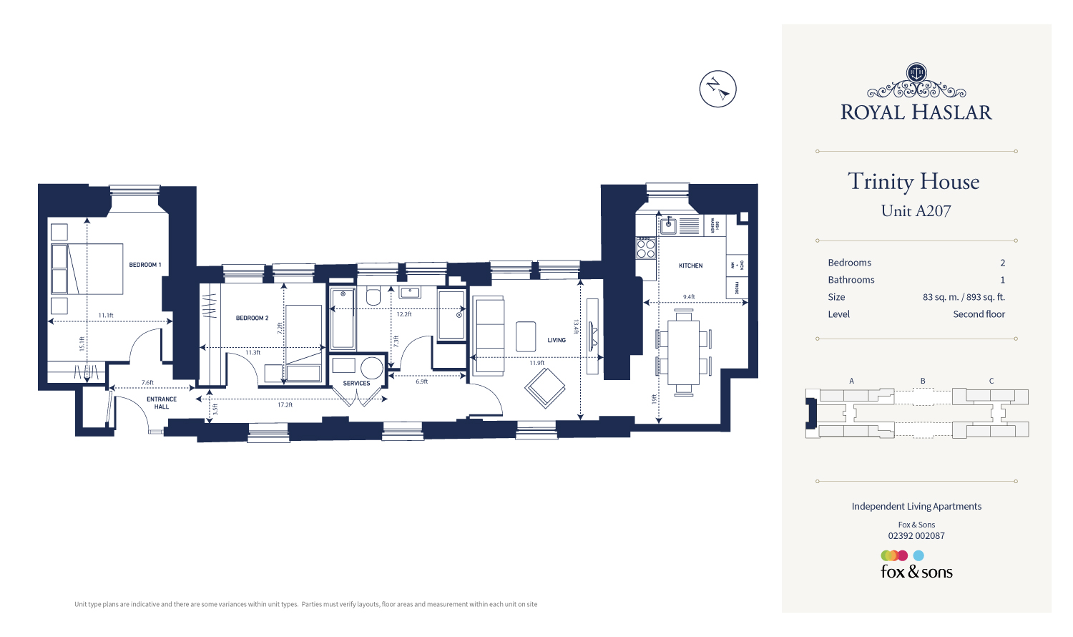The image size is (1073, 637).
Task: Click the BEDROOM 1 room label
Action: pyautogui.click(x=144, y=265)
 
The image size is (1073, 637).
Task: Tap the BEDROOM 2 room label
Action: pyautogui.click(x=252, y=318)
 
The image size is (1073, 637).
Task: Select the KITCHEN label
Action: pyautogui.click(x=690, y=266)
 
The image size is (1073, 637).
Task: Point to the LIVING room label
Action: pyautogui.click(x=557, y=340)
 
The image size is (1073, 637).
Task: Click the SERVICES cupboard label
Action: pyautogui.click(x=356, y=383)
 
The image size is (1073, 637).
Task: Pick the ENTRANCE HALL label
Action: pyautogui.click(x=162, y=403)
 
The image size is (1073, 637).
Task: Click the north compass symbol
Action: pyautogui.click(x=717, y=89)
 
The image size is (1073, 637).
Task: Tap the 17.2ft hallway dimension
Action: pyautogui.click(x=285, y=405)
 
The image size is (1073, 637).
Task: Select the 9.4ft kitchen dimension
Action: pyautogui.click(x=688, y=297)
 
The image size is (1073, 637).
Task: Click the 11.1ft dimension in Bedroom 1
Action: pyautogui.click(x=106, y=316)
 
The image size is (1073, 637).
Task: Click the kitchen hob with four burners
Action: pyautogui.click(x=646, y=248)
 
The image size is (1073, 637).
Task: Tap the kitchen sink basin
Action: pyautogui.click(x=668, y=226)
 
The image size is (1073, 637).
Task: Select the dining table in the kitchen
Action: pyautogui.click(x=684, y=352)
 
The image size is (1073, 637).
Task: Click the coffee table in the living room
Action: pyautogui.click(x=526, y=336)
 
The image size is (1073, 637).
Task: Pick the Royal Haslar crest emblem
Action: pyautogui.click(x=916, y=73)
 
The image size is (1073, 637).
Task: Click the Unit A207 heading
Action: pyautogui.click(x=916, y=211)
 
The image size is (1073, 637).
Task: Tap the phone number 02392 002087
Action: pyautogui.click(x=916, y=536)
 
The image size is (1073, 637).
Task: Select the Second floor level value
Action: pyautogui.click(x=979, y=314)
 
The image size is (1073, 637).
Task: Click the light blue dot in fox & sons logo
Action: pyautogui.click(x=918, y=555)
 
